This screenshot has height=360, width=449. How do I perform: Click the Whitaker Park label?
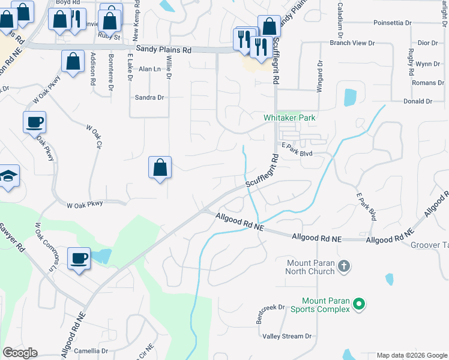tap(289, 118)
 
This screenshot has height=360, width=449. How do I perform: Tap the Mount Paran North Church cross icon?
tap(344, 266)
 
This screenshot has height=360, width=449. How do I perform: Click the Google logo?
tap(20, 353)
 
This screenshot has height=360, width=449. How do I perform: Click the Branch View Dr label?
tap(352, 43)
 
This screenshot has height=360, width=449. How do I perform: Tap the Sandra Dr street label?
tap(149, 97)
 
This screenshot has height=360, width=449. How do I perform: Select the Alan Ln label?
tap(150, 69)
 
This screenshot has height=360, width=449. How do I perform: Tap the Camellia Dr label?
tap(90, 351)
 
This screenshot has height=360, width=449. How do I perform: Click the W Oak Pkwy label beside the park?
tap(85, 204)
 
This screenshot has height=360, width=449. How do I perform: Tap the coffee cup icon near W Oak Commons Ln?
tap(79, 259)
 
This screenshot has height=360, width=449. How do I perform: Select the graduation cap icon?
tap(8, 176)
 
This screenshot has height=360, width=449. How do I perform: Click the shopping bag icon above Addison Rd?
tap(73, 62)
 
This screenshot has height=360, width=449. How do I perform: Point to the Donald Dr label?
tap(418, 101)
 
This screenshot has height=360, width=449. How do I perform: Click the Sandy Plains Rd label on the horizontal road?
tap(163, 50)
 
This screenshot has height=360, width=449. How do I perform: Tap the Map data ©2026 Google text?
tap(411, 355)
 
